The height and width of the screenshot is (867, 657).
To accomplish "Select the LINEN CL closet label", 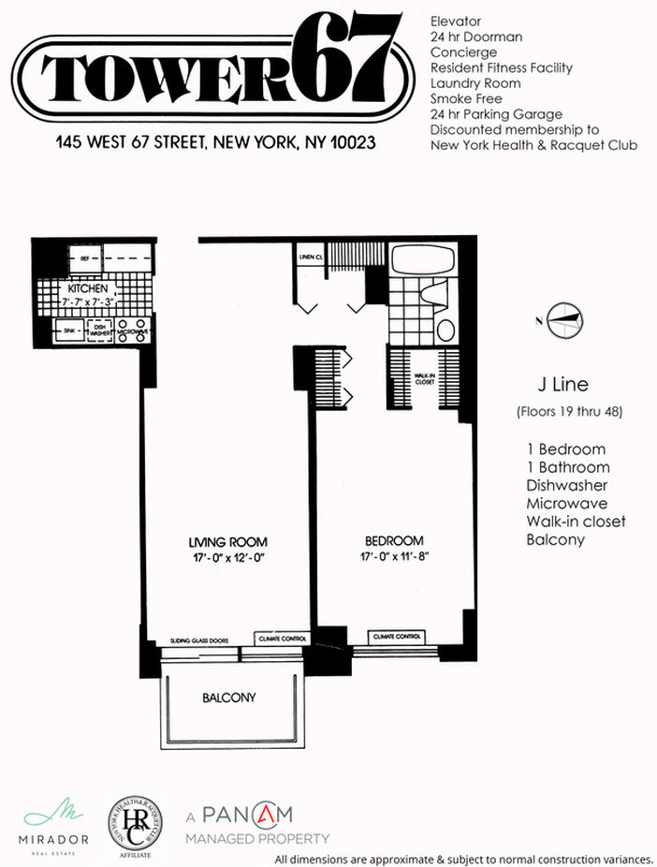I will (x=311, y=256).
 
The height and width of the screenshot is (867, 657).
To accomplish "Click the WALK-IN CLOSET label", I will (x=426, y=378).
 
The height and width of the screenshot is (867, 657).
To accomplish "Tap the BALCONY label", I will (x=229, y=698).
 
